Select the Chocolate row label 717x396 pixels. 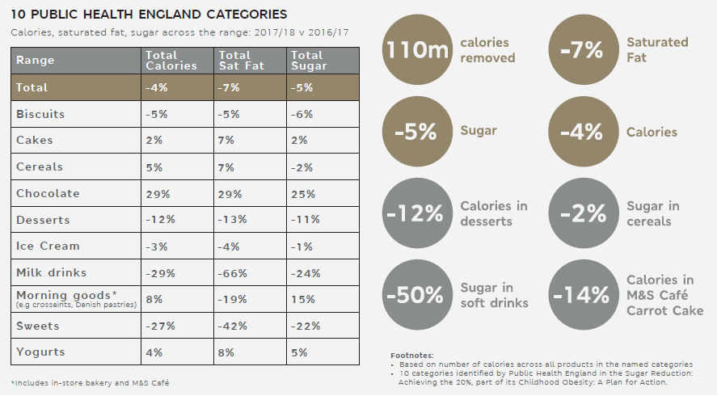click(48, 193)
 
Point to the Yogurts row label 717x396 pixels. click(40, 352)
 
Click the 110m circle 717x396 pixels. click(416, 49)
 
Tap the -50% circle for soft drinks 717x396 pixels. click(416, 295)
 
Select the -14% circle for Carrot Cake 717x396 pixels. click(582, 295)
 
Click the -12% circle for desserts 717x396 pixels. click(416, 213)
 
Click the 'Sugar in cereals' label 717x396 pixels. click(653, 213)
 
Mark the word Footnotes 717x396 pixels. click(411, 355)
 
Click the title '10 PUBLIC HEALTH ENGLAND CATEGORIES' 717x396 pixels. click(149, 15)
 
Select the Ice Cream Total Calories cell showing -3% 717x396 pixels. click(157, 246)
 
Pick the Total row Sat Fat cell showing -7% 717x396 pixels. click(230, 87)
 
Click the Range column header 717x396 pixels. click(36, 61)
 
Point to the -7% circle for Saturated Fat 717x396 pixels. click(582, 49)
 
